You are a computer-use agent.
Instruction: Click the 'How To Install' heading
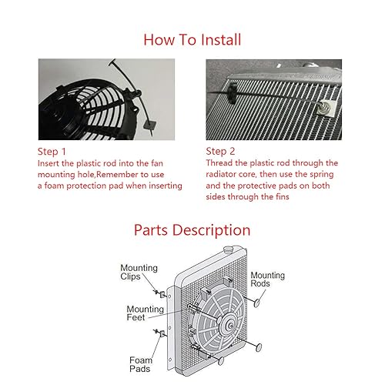192,38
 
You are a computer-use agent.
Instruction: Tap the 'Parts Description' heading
192,229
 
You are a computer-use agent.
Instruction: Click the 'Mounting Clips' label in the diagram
139,273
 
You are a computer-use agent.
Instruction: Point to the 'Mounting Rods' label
267,280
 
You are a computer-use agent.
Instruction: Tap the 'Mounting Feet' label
144,313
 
